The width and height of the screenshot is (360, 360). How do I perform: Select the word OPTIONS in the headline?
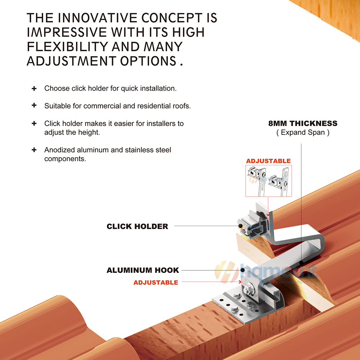coord(148,61)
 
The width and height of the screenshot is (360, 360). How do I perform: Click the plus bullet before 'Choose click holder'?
coord(34,89)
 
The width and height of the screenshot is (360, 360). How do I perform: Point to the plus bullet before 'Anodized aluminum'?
coord(34,150)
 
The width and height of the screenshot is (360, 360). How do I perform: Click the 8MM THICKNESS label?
coord(303,123)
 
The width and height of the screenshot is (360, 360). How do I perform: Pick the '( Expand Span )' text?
coord(303,132)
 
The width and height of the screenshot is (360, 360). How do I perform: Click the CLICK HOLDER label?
coord(137,226)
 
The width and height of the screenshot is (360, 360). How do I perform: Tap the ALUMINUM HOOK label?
coord(143,270)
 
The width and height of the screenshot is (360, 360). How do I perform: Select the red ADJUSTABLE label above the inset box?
coord(269,161)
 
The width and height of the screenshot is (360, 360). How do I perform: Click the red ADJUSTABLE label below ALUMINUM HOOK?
coord(156,282)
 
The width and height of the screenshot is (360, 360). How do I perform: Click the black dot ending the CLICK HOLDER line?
coord(240,226)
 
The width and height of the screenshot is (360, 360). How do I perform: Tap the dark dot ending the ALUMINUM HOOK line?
coord(242,270)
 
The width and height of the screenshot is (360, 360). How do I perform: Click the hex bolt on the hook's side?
coord(249,290)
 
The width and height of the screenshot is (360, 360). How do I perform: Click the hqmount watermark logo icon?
coord(226,272)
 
